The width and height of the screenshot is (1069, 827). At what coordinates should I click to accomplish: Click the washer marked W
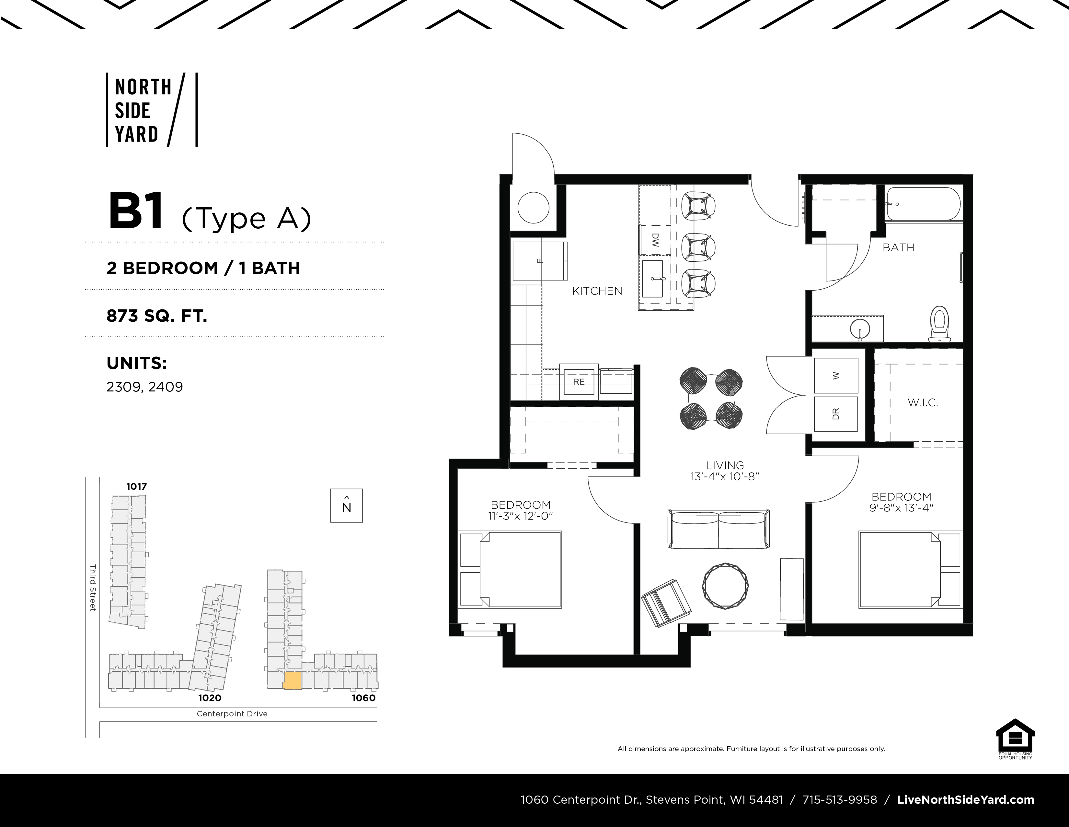point(836,375)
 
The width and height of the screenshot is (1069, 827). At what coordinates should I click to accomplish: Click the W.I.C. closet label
point(923,403)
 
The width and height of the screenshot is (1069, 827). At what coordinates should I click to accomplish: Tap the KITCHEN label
point(597,291)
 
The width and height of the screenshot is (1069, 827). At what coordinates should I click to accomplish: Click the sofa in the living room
point(718,529)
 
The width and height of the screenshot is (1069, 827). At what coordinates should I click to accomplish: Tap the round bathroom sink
point(860,327)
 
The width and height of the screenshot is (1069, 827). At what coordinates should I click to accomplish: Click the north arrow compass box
point(347,506)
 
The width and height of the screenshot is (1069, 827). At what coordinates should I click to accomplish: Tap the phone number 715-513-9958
point(840,799)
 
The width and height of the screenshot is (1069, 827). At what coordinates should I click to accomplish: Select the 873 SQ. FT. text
point(157,316)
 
